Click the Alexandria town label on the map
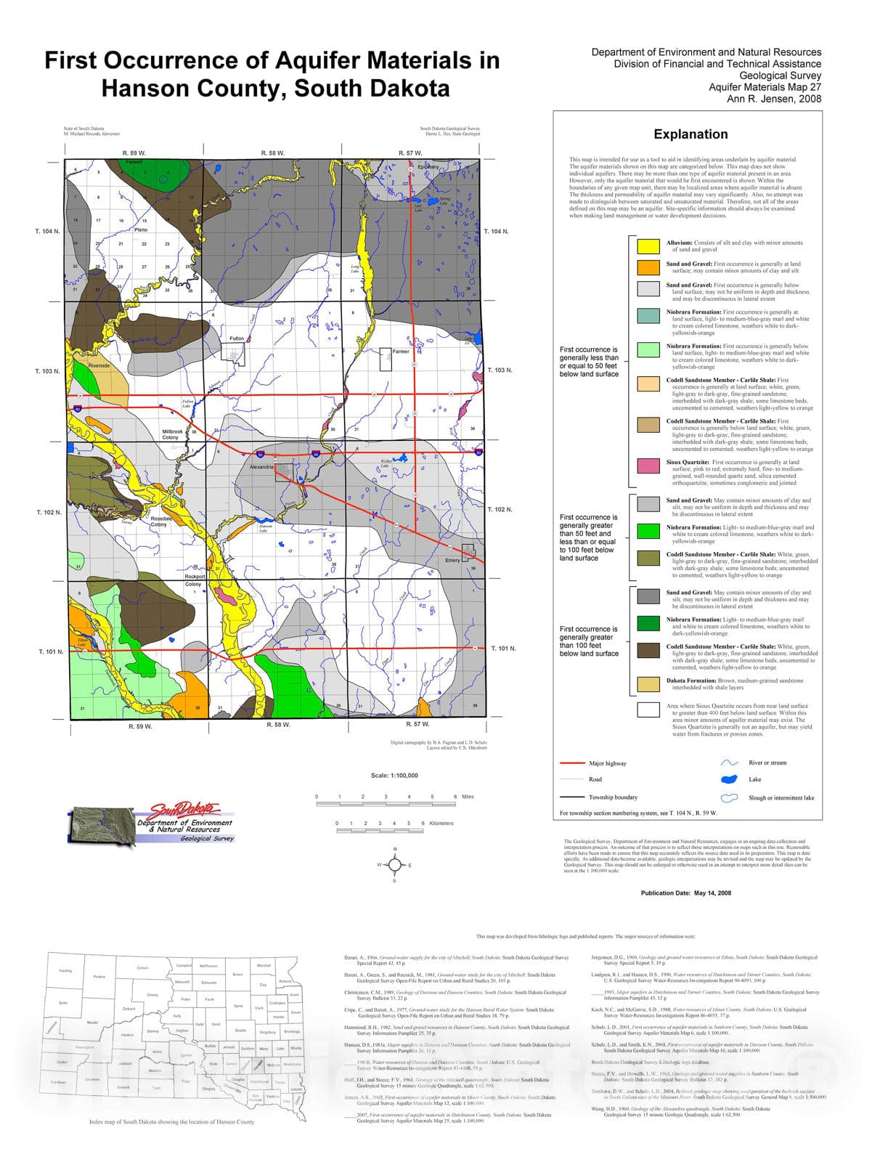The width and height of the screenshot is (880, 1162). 261,467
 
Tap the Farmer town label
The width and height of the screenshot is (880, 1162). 401,352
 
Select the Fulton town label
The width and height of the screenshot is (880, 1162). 237,338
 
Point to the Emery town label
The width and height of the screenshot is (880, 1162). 452,560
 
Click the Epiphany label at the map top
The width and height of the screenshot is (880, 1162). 428,166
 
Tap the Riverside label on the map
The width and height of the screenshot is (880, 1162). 99,365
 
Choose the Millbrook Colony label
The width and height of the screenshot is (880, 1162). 171,434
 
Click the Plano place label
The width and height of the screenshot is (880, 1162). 140,229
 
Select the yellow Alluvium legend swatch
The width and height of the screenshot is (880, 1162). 648,245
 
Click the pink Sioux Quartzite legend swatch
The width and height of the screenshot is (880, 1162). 648,466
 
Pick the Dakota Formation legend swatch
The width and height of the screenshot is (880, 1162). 648,684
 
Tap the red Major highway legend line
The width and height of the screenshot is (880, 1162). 572,763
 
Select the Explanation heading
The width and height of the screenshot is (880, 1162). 690,134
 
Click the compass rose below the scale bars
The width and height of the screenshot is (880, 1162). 395,865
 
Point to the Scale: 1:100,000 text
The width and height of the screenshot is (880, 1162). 394,776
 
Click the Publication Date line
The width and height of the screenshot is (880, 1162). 685,893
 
